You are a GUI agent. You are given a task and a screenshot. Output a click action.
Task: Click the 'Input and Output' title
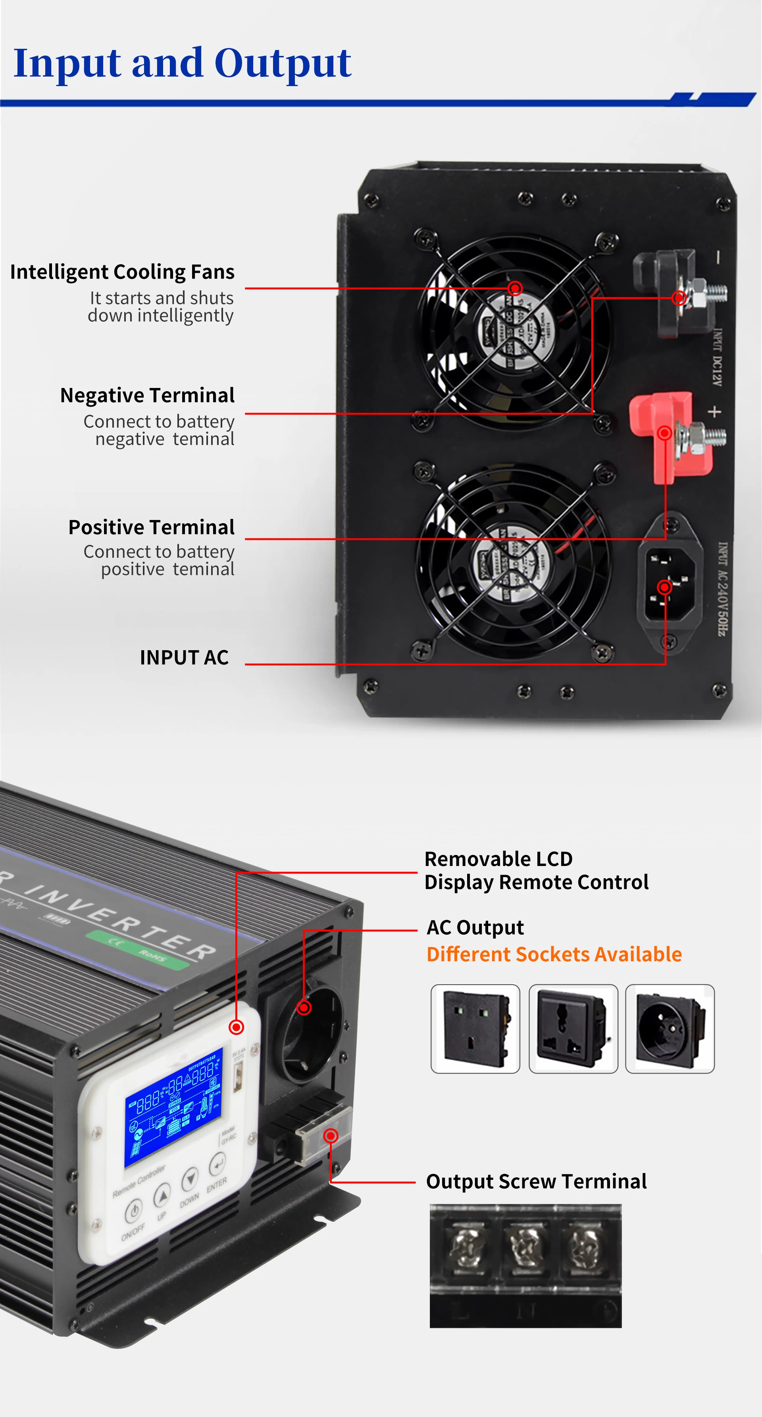[182, 63]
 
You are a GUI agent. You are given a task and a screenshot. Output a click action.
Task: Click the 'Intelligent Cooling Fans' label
[122, 272]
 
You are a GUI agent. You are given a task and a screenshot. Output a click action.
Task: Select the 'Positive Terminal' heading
[151, 527]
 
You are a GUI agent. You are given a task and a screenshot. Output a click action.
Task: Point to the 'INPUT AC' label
[184, 657]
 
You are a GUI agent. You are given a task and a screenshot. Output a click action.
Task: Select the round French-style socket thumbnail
[670, 1029]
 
